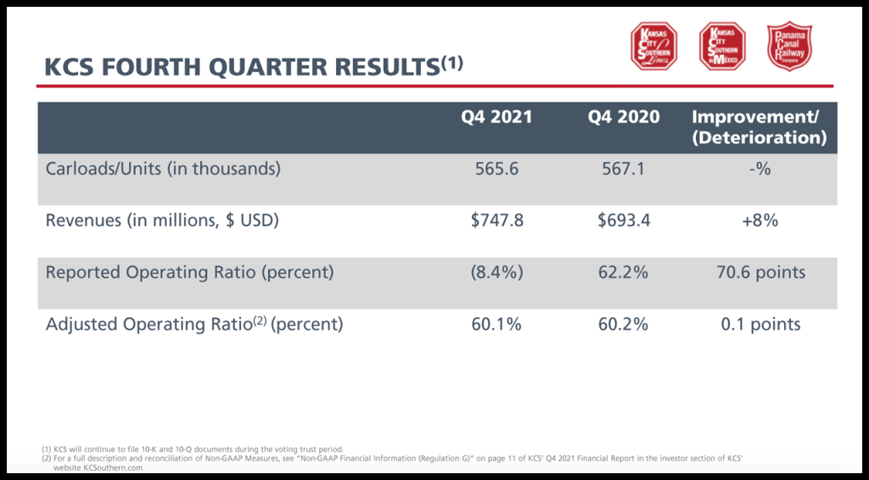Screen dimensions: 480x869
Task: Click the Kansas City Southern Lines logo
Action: coord(653,46)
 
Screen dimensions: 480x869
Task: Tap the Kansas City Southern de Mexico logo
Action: coord(722,46)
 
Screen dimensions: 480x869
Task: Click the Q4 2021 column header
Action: coord(496,117)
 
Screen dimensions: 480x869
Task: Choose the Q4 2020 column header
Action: coord(624,117)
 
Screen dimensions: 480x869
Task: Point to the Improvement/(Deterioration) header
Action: coord(760,127)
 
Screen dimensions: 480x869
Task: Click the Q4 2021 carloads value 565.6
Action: coord(496,169)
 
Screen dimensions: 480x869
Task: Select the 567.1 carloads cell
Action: coord(624,169)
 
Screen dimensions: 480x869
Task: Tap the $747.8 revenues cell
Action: coord(497,220)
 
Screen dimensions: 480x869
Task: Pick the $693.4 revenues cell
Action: coord(624,220)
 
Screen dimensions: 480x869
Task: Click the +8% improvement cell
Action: coord(760,220)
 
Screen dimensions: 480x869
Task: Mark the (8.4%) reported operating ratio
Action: coord(496,272)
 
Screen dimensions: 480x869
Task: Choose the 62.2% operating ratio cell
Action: coord(624,272)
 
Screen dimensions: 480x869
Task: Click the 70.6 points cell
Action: coord(760,272)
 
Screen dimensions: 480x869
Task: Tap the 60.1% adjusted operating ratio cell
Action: coord(496,324)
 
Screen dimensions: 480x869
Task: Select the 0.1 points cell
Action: coord(760,324)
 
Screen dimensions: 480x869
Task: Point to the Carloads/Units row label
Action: coord(163,169)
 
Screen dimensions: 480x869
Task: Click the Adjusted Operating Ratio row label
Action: coord(194,324)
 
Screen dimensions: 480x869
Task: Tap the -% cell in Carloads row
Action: coord(760,169)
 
